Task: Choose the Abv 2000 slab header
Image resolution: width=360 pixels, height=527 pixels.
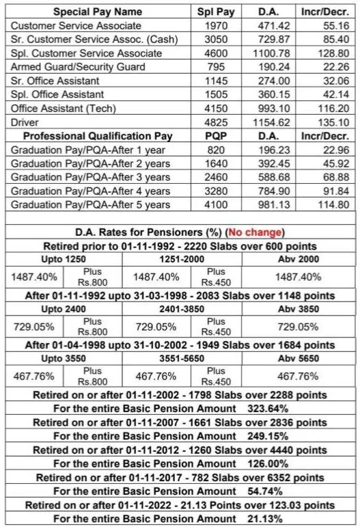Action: tap(296, 260)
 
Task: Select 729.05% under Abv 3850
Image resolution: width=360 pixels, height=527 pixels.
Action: tap(296, 327)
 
